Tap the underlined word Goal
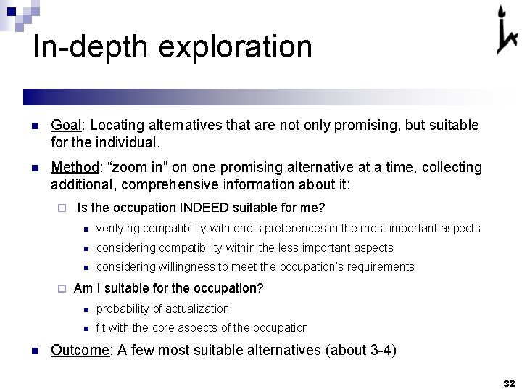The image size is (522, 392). (67, 126)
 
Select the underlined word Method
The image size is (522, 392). (75, 168)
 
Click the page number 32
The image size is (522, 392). (507, 383)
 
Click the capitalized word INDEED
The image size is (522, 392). (202, 208)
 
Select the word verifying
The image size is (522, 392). (117, 229)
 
